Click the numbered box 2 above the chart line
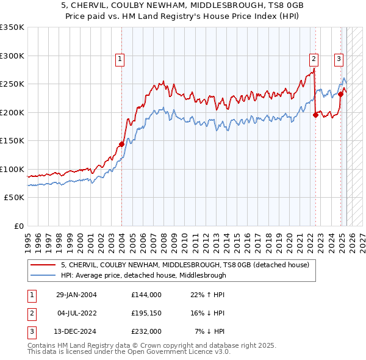click(x=314, y=59)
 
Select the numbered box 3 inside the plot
click(x=338, y=59)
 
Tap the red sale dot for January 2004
click(x=121, y=144)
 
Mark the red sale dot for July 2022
click(x=315, y=115)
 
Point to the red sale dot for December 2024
click(x=340, y=94)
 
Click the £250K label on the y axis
click(x=12, y=84)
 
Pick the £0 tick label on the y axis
click(x=18, y=226)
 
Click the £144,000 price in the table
click(x=146, y=295)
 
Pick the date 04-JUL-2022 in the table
click(x=76, y=313)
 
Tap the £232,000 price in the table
click(x=146, y=331)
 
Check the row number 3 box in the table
click(x=31, y=331)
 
